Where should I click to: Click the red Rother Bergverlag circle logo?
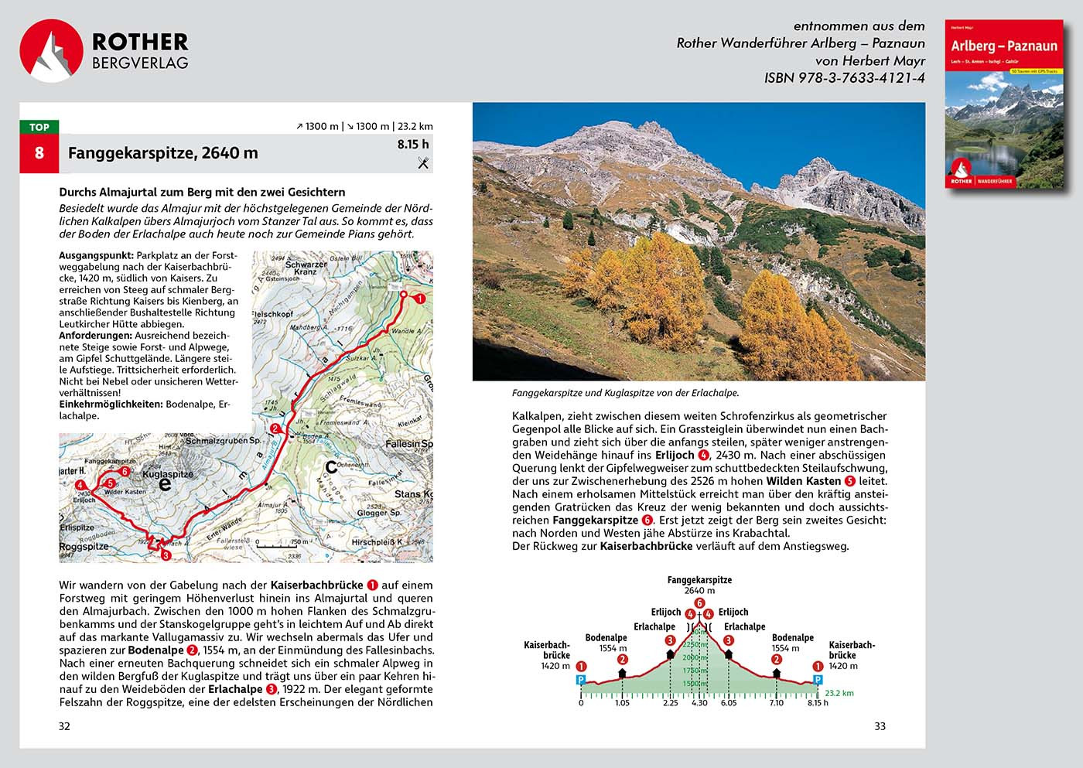tap(51, 51)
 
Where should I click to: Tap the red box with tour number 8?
tap(39, 153)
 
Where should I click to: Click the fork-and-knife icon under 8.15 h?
tap(423, 162)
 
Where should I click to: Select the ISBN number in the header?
tap(844, 78)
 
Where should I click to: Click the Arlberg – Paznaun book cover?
tap(1004, 105)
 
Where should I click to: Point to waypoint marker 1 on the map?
tap(419, 299)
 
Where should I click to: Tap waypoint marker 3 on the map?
tap(164, 554)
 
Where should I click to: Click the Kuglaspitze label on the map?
tap(168, 474)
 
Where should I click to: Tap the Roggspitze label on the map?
tap(84, 546)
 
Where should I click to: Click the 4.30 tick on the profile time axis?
tap(699, 702)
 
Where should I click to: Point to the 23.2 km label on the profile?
tap(839, 693)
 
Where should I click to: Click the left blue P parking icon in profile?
tap(581, 680)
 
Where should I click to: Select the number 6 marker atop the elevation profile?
tap(699, 603)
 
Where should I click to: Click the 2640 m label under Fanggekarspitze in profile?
tap(699, 590)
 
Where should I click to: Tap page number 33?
tap(880, 726)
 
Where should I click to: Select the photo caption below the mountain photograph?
tap(625, 393)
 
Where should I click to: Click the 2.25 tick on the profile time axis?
tap(670, 702)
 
